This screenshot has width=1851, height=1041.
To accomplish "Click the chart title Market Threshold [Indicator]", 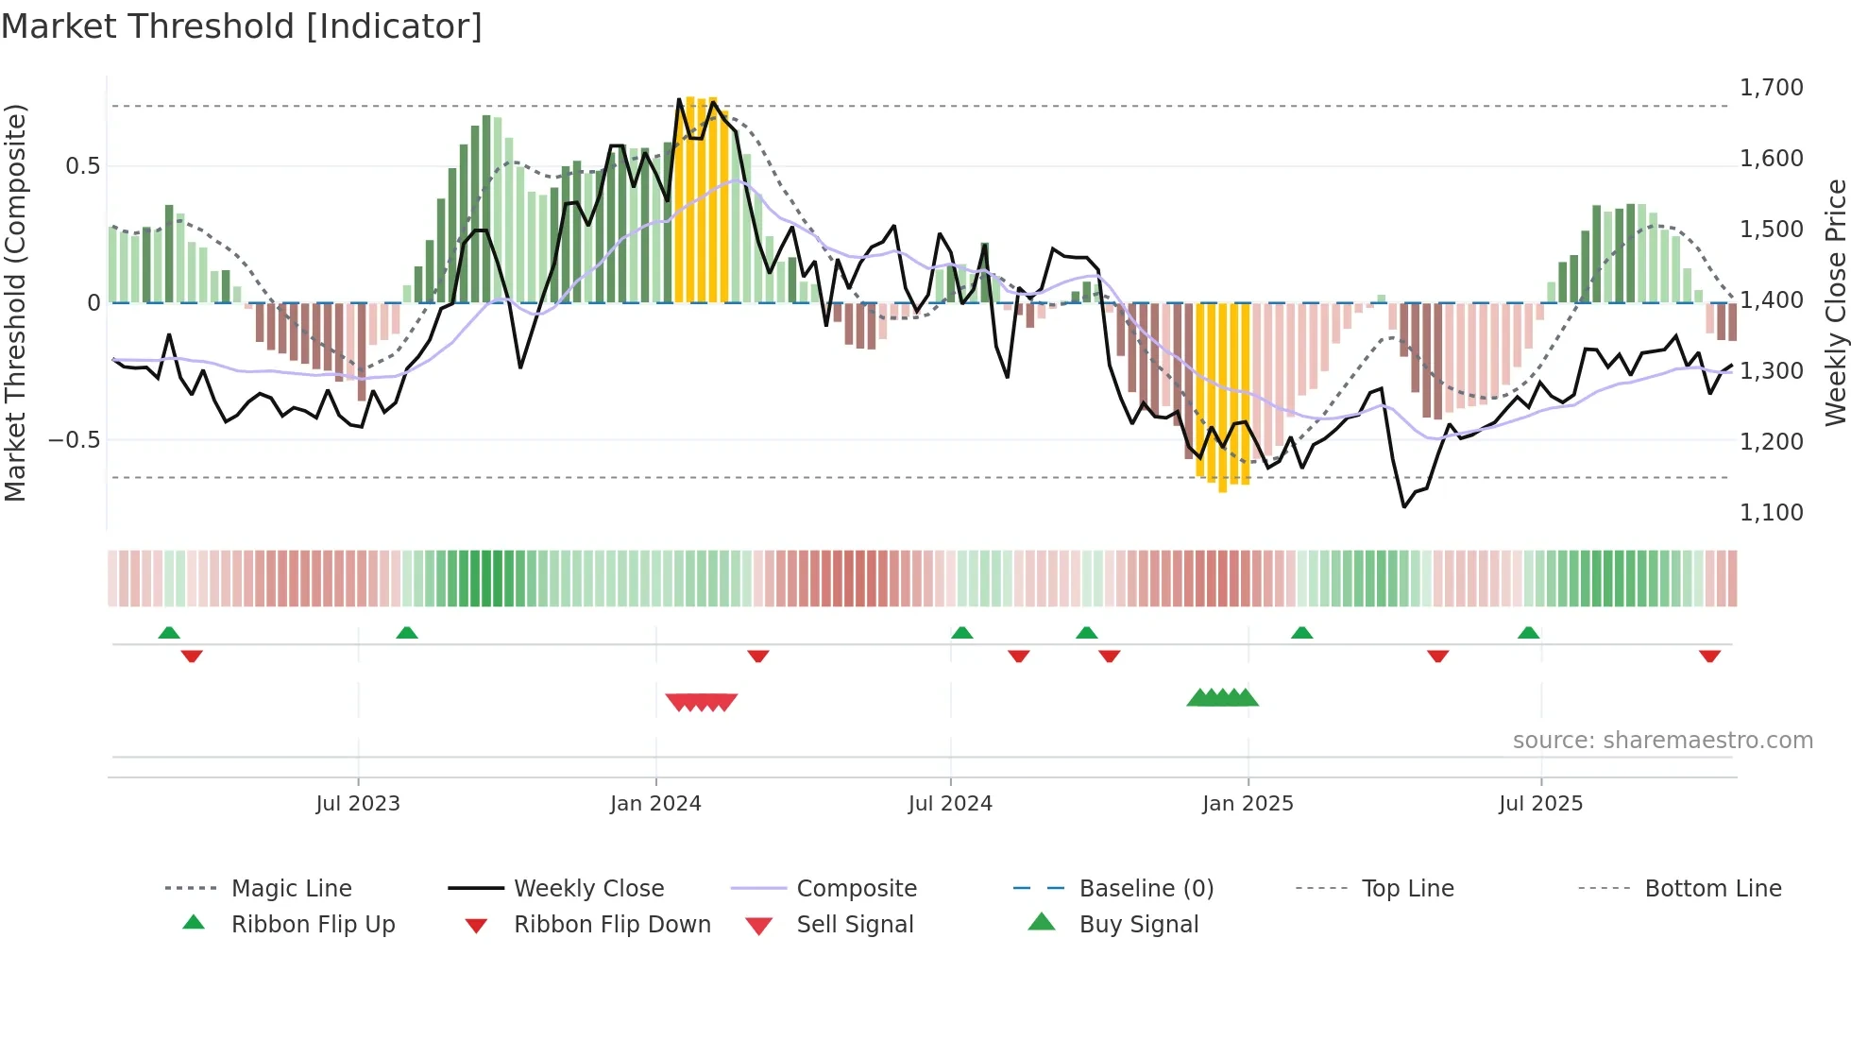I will pyautogui.click(x=242, y=26).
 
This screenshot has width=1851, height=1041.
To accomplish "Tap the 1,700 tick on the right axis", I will pyautogui.click(x=1771, y=88).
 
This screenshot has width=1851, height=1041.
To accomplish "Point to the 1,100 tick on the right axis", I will pyautogui.click(x=1771, y=513).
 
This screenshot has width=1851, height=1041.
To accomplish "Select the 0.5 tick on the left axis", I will pyautogui.click(x=83, y=166).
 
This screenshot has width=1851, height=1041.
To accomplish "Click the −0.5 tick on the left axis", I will pyautogui.click(x=75, y=440).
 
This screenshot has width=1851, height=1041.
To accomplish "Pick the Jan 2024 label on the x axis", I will pyautogui.click(x=655, y=804).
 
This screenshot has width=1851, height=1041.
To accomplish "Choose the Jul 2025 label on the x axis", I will pyautogui.click(x=1540, y=804).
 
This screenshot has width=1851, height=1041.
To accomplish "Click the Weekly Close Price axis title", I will pyautogui.click(x=1835, y=302).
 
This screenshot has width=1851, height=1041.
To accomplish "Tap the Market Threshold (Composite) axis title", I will pyautogui.click(x=15, y=302).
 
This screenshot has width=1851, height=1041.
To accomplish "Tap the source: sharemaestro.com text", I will pyautogui.click(x=1662, y=741).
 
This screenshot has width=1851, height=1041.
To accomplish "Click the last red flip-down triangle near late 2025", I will pyautogui.click(x=1709, y=656).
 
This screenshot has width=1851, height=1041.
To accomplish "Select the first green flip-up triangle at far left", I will pyautogui.click(x=169, y=633).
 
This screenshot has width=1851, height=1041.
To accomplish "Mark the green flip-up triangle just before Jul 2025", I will pyautogui.click(x=1528, y=633).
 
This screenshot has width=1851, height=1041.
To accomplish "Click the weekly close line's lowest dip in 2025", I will pyautogui.click(x=1404, y=506).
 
